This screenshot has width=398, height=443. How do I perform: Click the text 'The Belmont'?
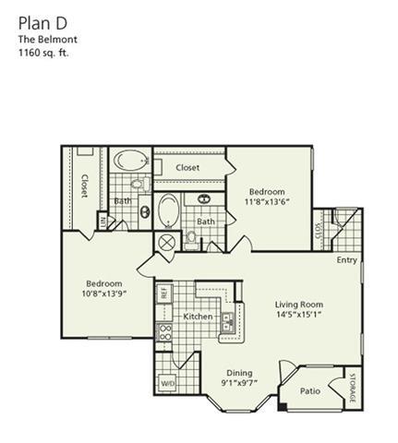click(43, 40)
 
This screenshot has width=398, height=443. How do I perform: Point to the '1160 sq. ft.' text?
click(43, 53)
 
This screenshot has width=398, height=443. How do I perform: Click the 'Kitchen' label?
click(198, 317)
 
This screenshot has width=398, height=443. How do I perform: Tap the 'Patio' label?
click(309, 390)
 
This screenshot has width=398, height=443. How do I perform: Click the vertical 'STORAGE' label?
click(351, 387)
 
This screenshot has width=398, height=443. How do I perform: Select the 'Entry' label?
click(346, 260)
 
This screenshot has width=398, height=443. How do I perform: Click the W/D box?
click(168, 381)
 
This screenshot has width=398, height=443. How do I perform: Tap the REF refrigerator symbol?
click(163, 292)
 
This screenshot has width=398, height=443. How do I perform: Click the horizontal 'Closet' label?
click(187, 168)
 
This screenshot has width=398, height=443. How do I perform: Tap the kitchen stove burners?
click(166, 332)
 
